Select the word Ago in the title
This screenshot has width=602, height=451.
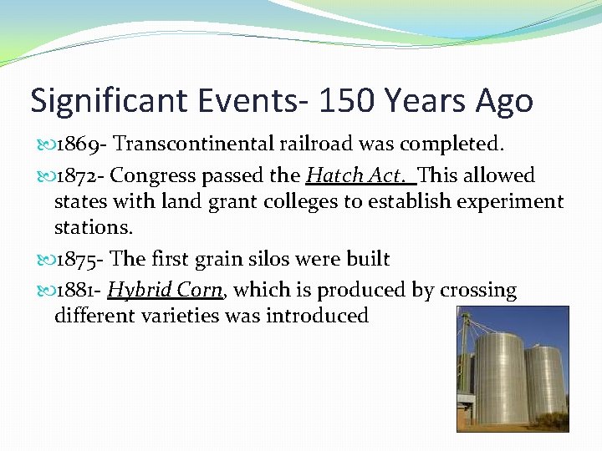503,101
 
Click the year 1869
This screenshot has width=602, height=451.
76,145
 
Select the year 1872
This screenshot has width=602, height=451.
76,175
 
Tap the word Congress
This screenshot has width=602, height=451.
152,176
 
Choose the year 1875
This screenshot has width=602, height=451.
77,259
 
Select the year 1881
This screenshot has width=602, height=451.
75,290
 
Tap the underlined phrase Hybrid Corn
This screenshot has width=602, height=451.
165,290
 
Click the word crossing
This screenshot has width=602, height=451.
477,290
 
